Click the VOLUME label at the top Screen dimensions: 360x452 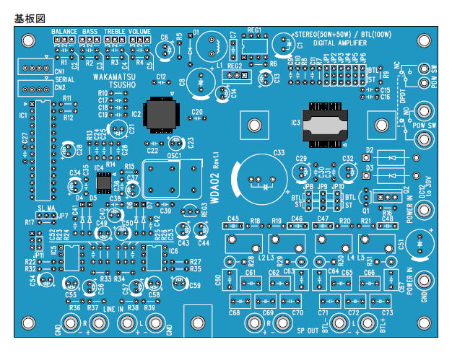click(x=140, y=32)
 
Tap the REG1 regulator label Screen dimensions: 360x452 click(x=253, y=31)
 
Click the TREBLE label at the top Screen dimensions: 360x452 click(x=115, y=32)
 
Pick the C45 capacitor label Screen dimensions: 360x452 click(x=232, y=218)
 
